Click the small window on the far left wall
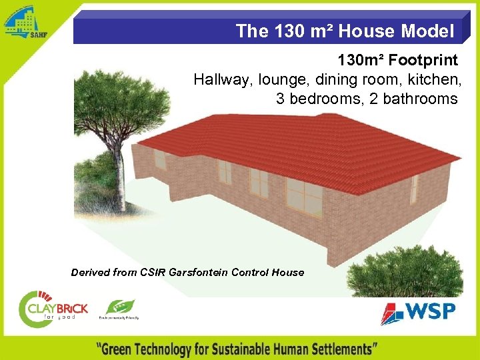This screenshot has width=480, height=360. (160, 159)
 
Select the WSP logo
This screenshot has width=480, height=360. (419, 312)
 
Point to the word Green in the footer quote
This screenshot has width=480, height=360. (125, 349)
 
